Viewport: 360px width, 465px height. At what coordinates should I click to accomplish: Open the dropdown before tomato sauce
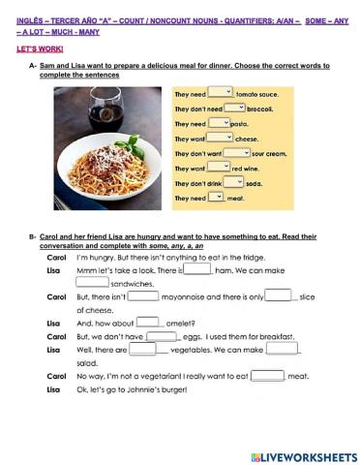pos(221,93)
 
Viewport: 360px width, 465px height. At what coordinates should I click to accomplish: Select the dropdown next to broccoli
pos(234,108)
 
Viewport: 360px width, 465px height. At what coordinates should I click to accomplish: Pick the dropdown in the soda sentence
pos(233,182)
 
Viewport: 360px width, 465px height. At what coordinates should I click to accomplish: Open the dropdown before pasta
pos(221,123)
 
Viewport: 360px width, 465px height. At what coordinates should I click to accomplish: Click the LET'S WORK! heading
pos(30,46)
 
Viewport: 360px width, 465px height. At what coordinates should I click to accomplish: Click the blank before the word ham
pos(196,270)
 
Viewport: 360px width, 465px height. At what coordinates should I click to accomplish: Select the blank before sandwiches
pos(92,283)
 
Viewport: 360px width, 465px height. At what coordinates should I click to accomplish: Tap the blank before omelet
pos(147,322)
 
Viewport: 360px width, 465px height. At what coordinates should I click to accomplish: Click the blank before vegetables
pos(142,349)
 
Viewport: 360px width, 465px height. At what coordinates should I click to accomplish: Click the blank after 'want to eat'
pos(266,375)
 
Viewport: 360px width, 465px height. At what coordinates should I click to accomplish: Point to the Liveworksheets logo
pos(303,455)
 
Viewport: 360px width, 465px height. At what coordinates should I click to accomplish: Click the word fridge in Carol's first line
pos(250,257)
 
